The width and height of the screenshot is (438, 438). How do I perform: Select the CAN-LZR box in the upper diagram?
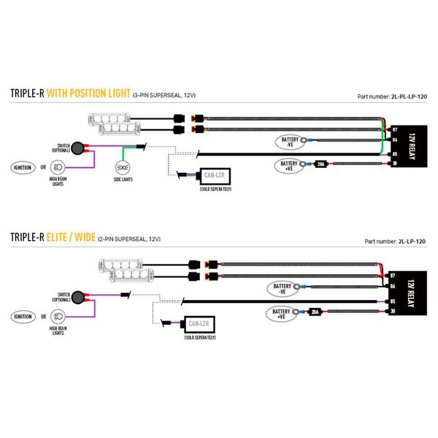(217, 177)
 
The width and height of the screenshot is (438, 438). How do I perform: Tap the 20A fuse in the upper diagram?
(320, 165)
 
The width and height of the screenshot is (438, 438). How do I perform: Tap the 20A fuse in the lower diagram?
(315, 312)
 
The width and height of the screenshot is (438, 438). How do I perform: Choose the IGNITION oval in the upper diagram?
(23, 167)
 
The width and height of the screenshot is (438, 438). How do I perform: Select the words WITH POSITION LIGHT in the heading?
(88, 94)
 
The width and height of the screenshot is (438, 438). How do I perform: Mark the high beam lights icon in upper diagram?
(59, 167)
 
